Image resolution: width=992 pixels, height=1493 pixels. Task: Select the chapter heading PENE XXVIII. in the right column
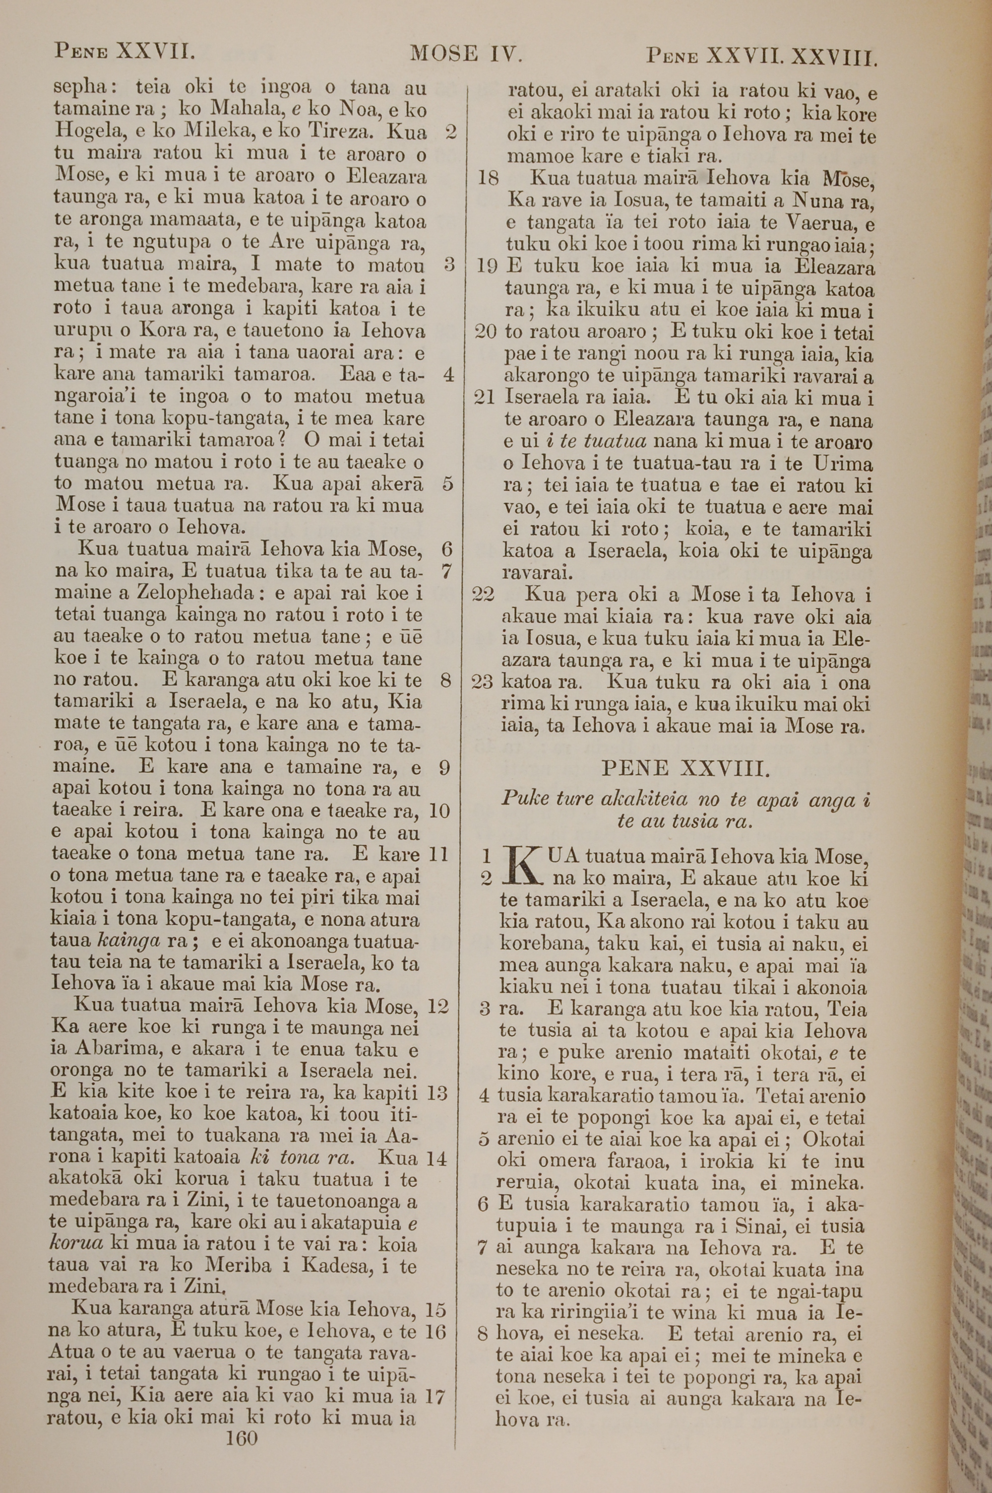pos(685,768)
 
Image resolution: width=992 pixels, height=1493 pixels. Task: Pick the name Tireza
pos(341,132)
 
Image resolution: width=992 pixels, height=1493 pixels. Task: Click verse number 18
pos(489,179)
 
